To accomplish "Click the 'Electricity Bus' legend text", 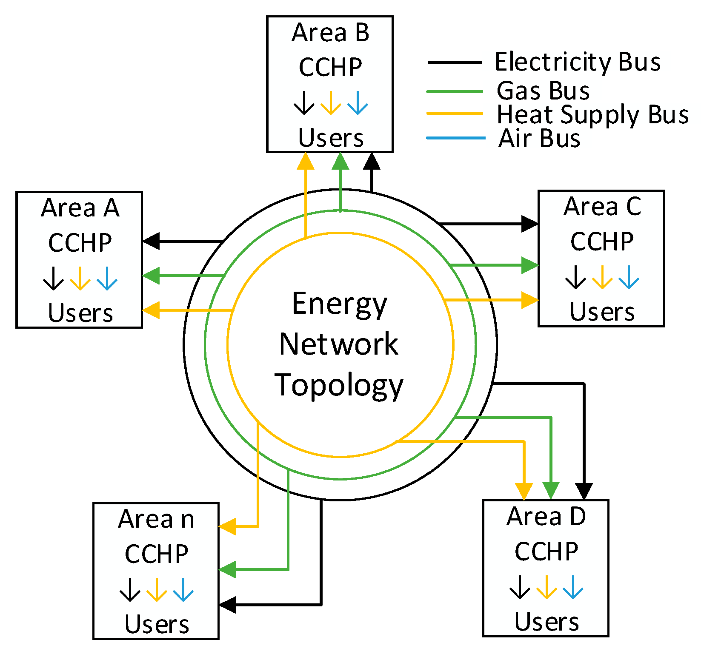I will tap(578, 62).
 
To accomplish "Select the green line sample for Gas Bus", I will tap(455, 91).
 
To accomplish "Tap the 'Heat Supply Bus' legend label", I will tap(592, 115).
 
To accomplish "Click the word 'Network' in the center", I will tap(339, 344).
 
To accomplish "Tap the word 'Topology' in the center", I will tap(339, 385).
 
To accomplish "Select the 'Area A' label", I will tap(80, 208).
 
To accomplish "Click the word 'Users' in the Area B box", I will tap(331, 138).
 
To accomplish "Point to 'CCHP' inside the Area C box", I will tap(601, 242).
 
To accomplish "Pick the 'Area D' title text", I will tap(546, 517).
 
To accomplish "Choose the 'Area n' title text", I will tap(156, 519).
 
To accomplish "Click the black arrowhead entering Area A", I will tap(151, 241).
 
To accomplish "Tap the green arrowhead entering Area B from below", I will tap(340, 161).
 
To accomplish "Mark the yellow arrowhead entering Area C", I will tap(530, 300).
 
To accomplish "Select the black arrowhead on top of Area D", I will tap(584, 491).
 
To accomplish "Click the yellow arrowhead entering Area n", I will tap(227, 526).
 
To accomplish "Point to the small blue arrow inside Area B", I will tap(358, 103).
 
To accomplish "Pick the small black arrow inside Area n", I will tap(130, 590).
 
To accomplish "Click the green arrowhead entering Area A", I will tap(151, 276).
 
